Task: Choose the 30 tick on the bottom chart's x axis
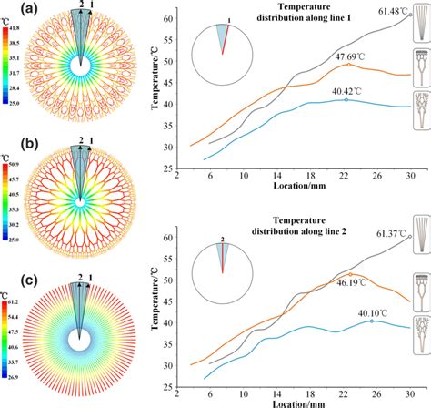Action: (410, 393)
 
